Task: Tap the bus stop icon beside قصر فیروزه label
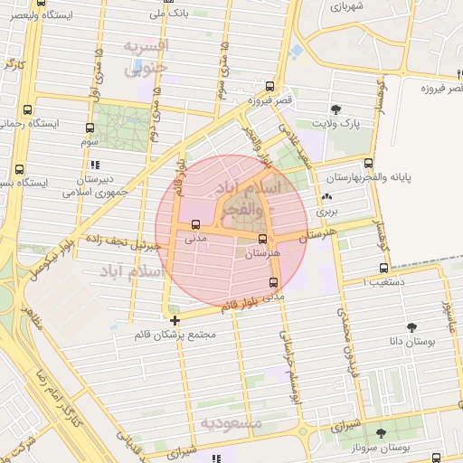[x=270, y=86]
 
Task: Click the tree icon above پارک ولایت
[x=336, y=109]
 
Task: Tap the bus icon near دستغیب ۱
[x=384, y=268]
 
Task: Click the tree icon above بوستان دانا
[x=412, y=327]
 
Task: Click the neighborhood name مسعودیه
[x=231, y=422]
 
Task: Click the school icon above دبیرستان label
[x=95, y=165]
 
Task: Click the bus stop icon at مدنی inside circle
[x=195, y=224]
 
